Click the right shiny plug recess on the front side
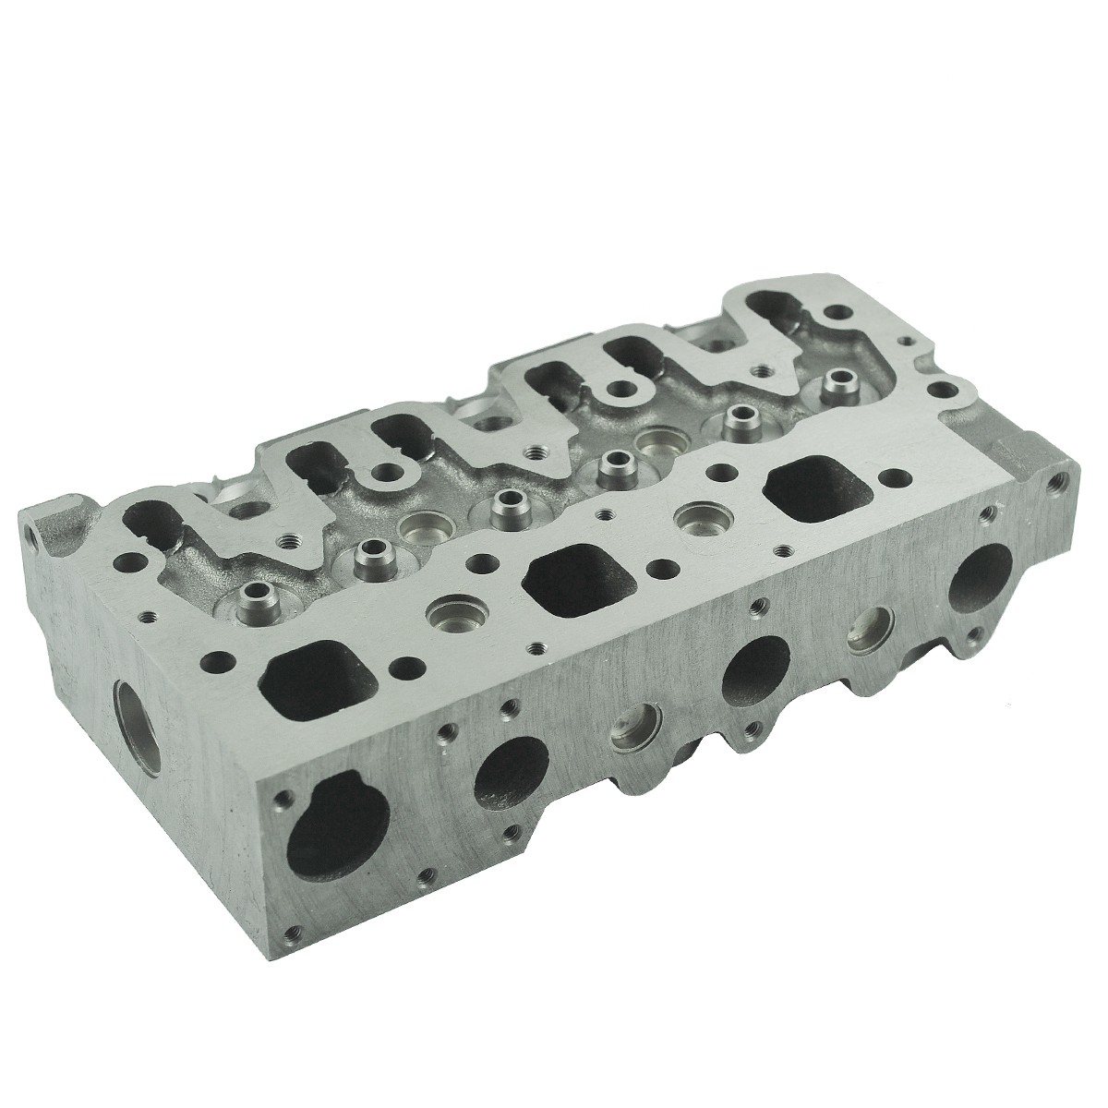pyautogui.click(x=866, y=628)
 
